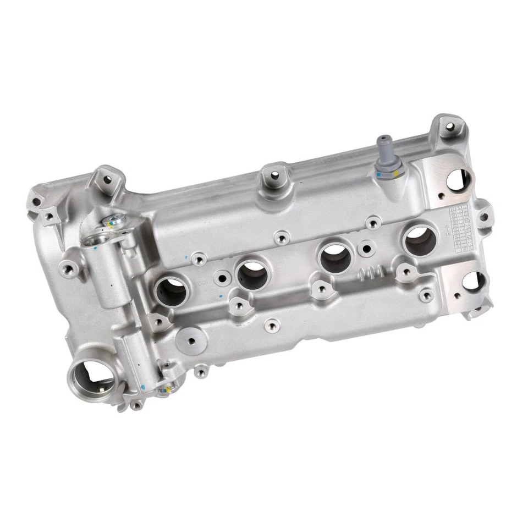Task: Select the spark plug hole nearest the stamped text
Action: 420,239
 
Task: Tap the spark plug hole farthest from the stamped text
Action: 172,290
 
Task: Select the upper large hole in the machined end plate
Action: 458,179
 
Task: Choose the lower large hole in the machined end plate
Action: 473,282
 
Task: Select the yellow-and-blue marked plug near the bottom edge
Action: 164,388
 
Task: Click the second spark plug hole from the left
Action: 252,273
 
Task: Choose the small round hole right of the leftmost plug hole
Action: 222,278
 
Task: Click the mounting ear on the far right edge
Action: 483,216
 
